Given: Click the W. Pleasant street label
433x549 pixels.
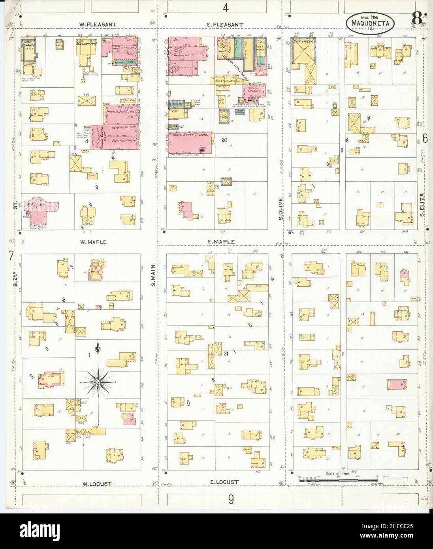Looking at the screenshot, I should (98, 24).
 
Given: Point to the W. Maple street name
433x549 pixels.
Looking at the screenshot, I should (94, 242).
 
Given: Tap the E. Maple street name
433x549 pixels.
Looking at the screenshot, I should (221, 241).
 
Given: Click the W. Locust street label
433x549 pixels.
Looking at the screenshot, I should (97, 483).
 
